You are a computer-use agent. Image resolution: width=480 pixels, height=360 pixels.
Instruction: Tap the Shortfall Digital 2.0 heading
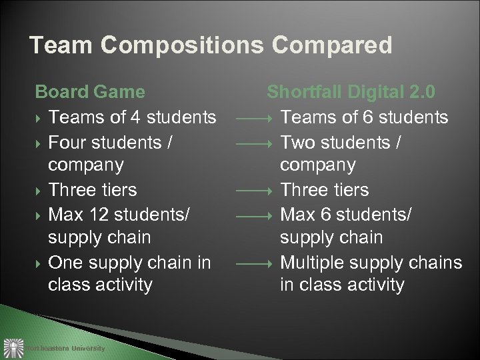[351, 92]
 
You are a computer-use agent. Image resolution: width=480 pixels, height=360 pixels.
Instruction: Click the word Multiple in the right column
[317, 261]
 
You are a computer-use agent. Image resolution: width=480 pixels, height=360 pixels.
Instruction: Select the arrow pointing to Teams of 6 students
[254, 119]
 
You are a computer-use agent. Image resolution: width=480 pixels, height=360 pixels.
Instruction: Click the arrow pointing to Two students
[254, 143]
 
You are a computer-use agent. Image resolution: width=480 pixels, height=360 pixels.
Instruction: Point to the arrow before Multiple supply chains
[254, 263]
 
